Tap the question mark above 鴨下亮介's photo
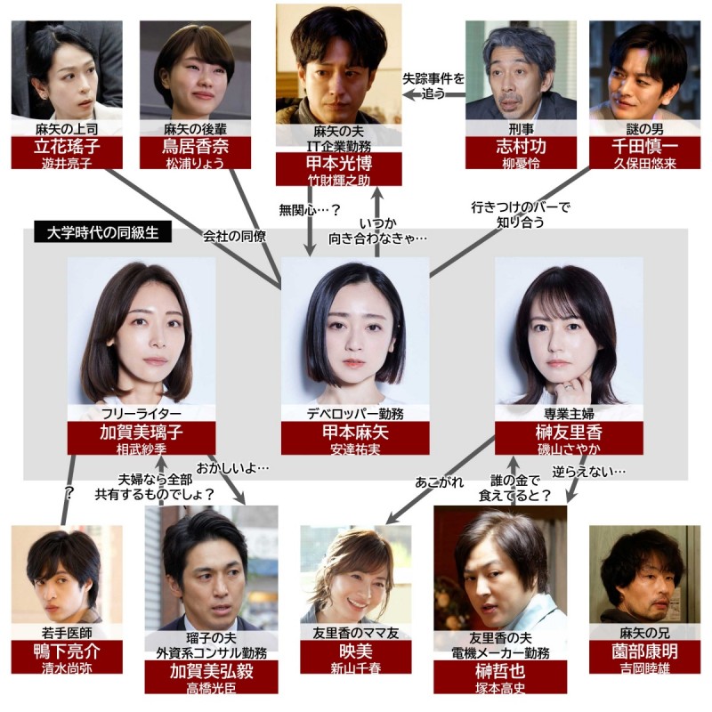[69, 491]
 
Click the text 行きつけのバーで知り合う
[521, 214]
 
